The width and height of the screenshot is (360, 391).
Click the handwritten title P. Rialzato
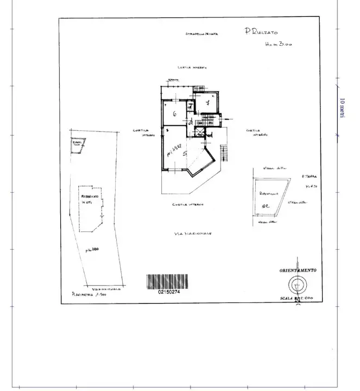click(262, 32)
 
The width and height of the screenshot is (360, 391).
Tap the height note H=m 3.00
click(277, 45)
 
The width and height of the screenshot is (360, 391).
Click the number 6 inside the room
click(174, 114)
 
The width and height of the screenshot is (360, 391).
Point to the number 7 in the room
click(207, 102)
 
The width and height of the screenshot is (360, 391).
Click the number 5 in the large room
click(186, 154)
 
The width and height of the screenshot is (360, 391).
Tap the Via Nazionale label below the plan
click(193, 234)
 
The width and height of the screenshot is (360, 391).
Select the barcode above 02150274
click(167, 281)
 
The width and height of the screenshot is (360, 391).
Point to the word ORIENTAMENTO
click(298, 270)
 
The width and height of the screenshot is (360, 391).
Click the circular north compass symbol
click(297, 284)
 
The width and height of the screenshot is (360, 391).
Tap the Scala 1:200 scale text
click(298, 299)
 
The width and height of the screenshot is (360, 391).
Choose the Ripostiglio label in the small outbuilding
click(269, 193)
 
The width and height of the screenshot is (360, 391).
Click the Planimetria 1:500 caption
click(89, 295)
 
